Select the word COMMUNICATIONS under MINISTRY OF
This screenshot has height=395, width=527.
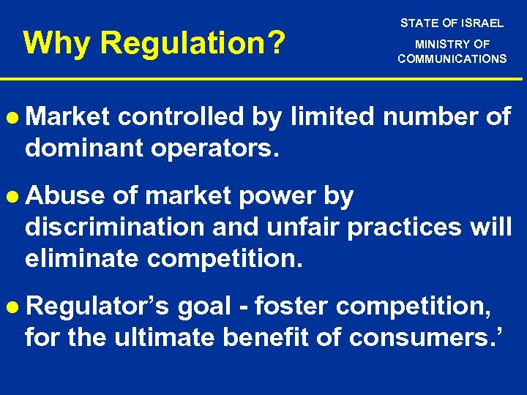pyautogui.click(x=452, y=59)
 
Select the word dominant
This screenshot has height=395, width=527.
pyautogui.click(x=83, y=148)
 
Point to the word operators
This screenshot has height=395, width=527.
pyautogui.click(x=214, y=148)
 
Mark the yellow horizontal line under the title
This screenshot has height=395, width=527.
pyautogui.click(x=263, y=79)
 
